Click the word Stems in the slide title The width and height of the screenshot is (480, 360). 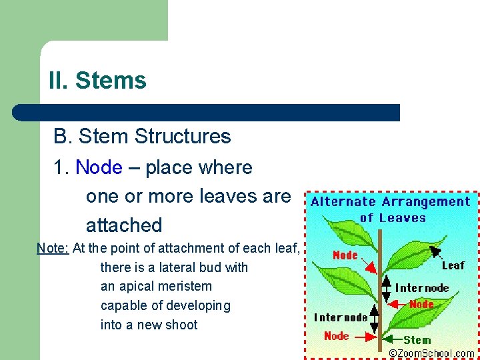(x=111, y=81)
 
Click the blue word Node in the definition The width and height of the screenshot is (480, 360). (x=99, y=167)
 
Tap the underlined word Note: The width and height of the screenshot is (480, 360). (x=53, y=248)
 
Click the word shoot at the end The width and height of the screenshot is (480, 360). (x=182, y=325)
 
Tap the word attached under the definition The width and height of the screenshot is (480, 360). (x=124, y=225)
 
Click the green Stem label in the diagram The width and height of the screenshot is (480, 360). (x=417, y=339)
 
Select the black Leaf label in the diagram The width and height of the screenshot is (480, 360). (x=453, y=265)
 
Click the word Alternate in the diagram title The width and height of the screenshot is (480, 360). (x=342, y=202)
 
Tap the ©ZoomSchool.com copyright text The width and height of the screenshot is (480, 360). (x=431, y=353)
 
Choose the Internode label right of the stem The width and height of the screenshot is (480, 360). (x=422, y=288)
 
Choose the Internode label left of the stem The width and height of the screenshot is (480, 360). (x=341, y=317)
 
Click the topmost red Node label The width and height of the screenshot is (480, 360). (x=345, y=255)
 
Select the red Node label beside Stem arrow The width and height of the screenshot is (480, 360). (x=336, y=335)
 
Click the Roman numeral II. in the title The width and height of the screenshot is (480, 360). (x=58, y=81)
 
